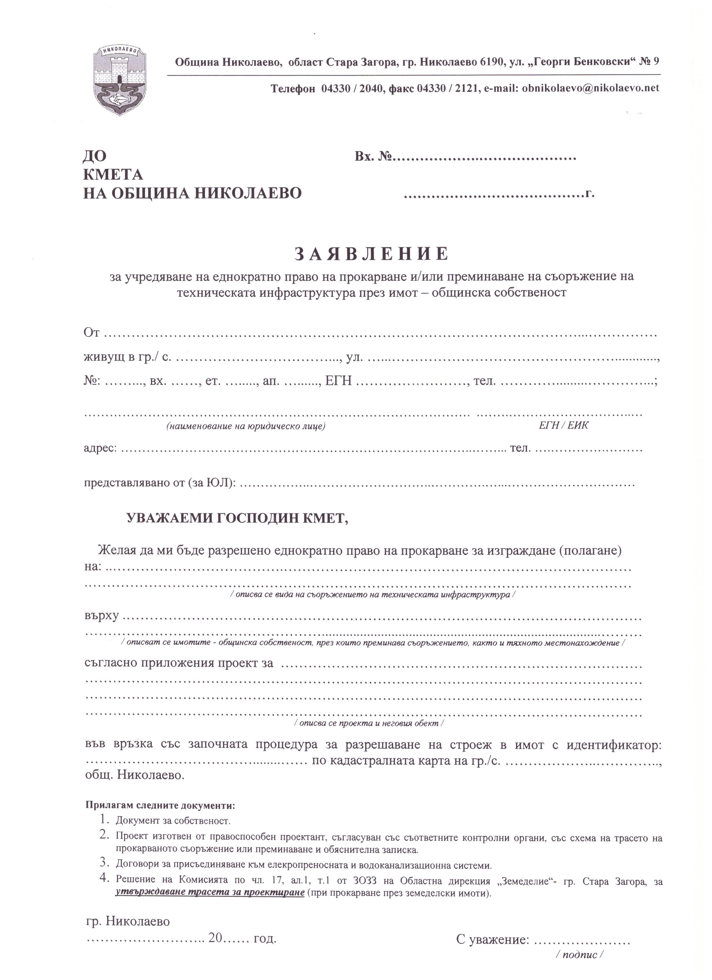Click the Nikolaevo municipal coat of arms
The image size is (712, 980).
pyautogui.click(x=120, y=80)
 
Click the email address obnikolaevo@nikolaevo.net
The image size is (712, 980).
pyautogui.click(x=590, y=88)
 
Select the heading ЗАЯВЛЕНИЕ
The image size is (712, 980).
pyautogui.click(x=371, y=255)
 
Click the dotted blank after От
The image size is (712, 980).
pyautogui.click(x=380, y=334)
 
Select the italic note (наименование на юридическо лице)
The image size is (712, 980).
pyautogui.click(x=246, y=427)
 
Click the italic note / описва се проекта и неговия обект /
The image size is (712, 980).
pyautogui.click(x=369, y=723)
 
